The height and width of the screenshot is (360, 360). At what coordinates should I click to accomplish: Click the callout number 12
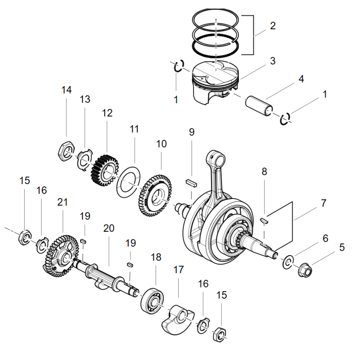107,113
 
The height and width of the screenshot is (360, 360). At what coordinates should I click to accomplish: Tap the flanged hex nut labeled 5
305,270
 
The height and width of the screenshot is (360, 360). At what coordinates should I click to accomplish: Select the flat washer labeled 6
288,262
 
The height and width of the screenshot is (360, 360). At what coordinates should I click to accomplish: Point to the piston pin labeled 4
259,106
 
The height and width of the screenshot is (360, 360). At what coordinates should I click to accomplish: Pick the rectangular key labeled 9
191,184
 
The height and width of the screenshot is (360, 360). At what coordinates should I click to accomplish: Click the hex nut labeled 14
66,151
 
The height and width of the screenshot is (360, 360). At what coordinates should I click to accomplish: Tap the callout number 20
108,229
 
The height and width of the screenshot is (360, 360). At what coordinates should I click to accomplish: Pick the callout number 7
323,203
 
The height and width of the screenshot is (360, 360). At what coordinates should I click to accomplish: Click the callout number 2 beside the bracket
273,26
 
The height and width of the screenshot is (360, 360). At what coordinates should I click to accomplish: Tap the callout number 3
273,61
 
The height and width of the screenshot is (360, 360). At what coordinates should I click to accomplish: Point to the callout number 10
161,144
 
